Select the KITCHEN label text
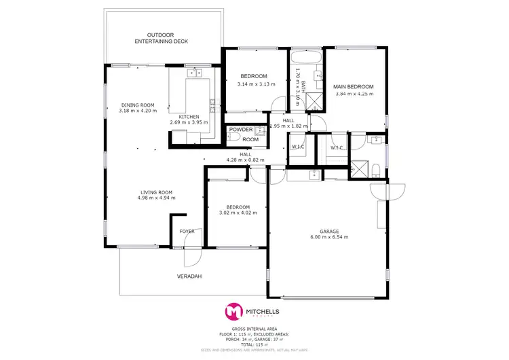(189, 117)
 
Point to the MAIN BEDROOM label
(353, 87)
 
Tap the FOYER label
(187, 231)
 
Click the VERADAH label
(190, 276)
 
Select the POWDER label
(240, 130)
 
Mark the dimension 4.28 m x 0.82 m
(245, 160)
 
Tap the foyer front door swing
(192, 256)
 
